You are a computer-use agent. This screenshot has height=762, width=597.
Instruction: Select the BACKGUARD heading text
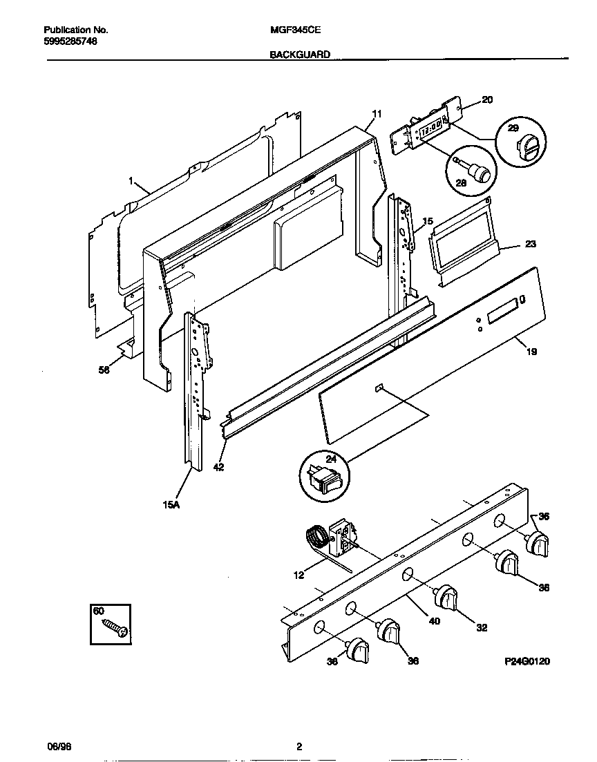pyautogui.click(x=300, y=54)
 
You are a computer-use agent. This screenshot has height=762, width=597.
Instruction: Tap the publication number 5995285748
pyautogui.click(x=70, y=41)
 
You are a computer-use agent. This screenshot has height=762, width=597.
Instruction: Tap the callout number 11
pyautogui.click(x=377, y=113)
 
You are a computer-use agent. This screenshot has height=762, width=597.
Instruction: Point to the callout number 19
pyautogui.click(x=531, y=352)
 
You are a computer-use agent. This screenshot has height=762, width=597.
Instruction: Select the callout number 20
pyautogui.click(x=487, y=100)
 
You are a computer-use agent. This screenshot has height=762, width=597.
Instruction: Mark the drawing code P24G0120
pyautogui.click(x=527, y=661)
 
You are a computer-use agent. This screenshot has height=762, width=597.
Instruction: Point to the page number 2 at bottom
pyautogui.click(x=298, y=747)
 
